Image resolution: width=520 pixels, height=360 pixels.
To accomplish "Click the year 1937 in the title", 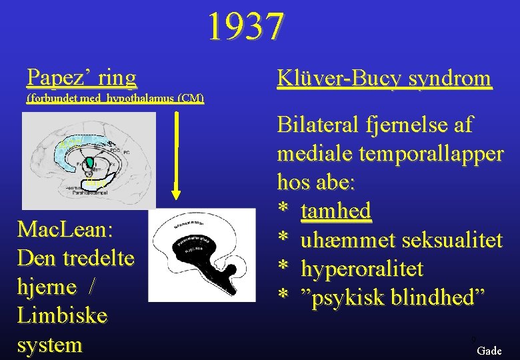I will click(245, 27).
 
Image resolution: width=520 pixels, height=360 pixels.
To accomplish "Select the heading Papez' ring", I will click(81, 77).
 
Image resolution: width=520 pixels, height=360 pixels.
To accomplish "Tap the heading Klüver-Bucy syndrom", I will click(384, 79).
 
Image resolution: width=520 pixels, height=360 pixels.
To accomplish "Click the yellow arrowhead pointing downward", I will click(176, 194).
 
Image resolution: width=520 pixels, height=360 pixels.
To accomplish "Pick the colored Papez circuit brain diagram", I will click(89, 160).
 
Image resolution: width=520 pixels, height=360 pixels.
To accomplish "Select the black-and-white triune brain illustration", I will click(201, 254).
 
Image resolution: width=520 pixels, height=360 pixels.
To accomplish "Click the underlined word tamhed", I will click(336, 211).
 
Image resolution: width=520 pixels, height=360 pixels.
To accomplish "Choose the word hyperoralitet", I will click(362, 269).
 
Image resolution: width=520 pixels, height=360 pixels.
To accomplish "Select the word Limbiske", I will click(62, 316).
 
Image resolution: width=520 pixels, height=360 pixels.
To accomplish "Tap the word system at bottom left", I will click(51, 345).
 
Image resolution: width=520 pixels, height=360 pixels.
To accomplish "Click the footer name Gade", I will click(489, 351).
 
